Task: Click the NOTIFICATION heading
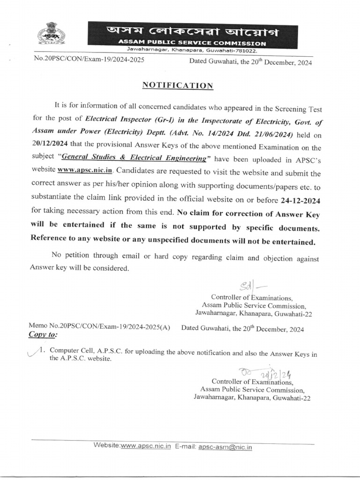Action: click(x=178, y=85)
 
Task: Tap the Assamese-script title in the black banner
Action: click(x=186, y=31)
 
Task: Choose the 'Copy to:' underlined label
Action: click(x=43, y=335)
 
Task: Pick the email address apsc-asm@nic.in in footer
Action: click(x=225, y=447)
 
